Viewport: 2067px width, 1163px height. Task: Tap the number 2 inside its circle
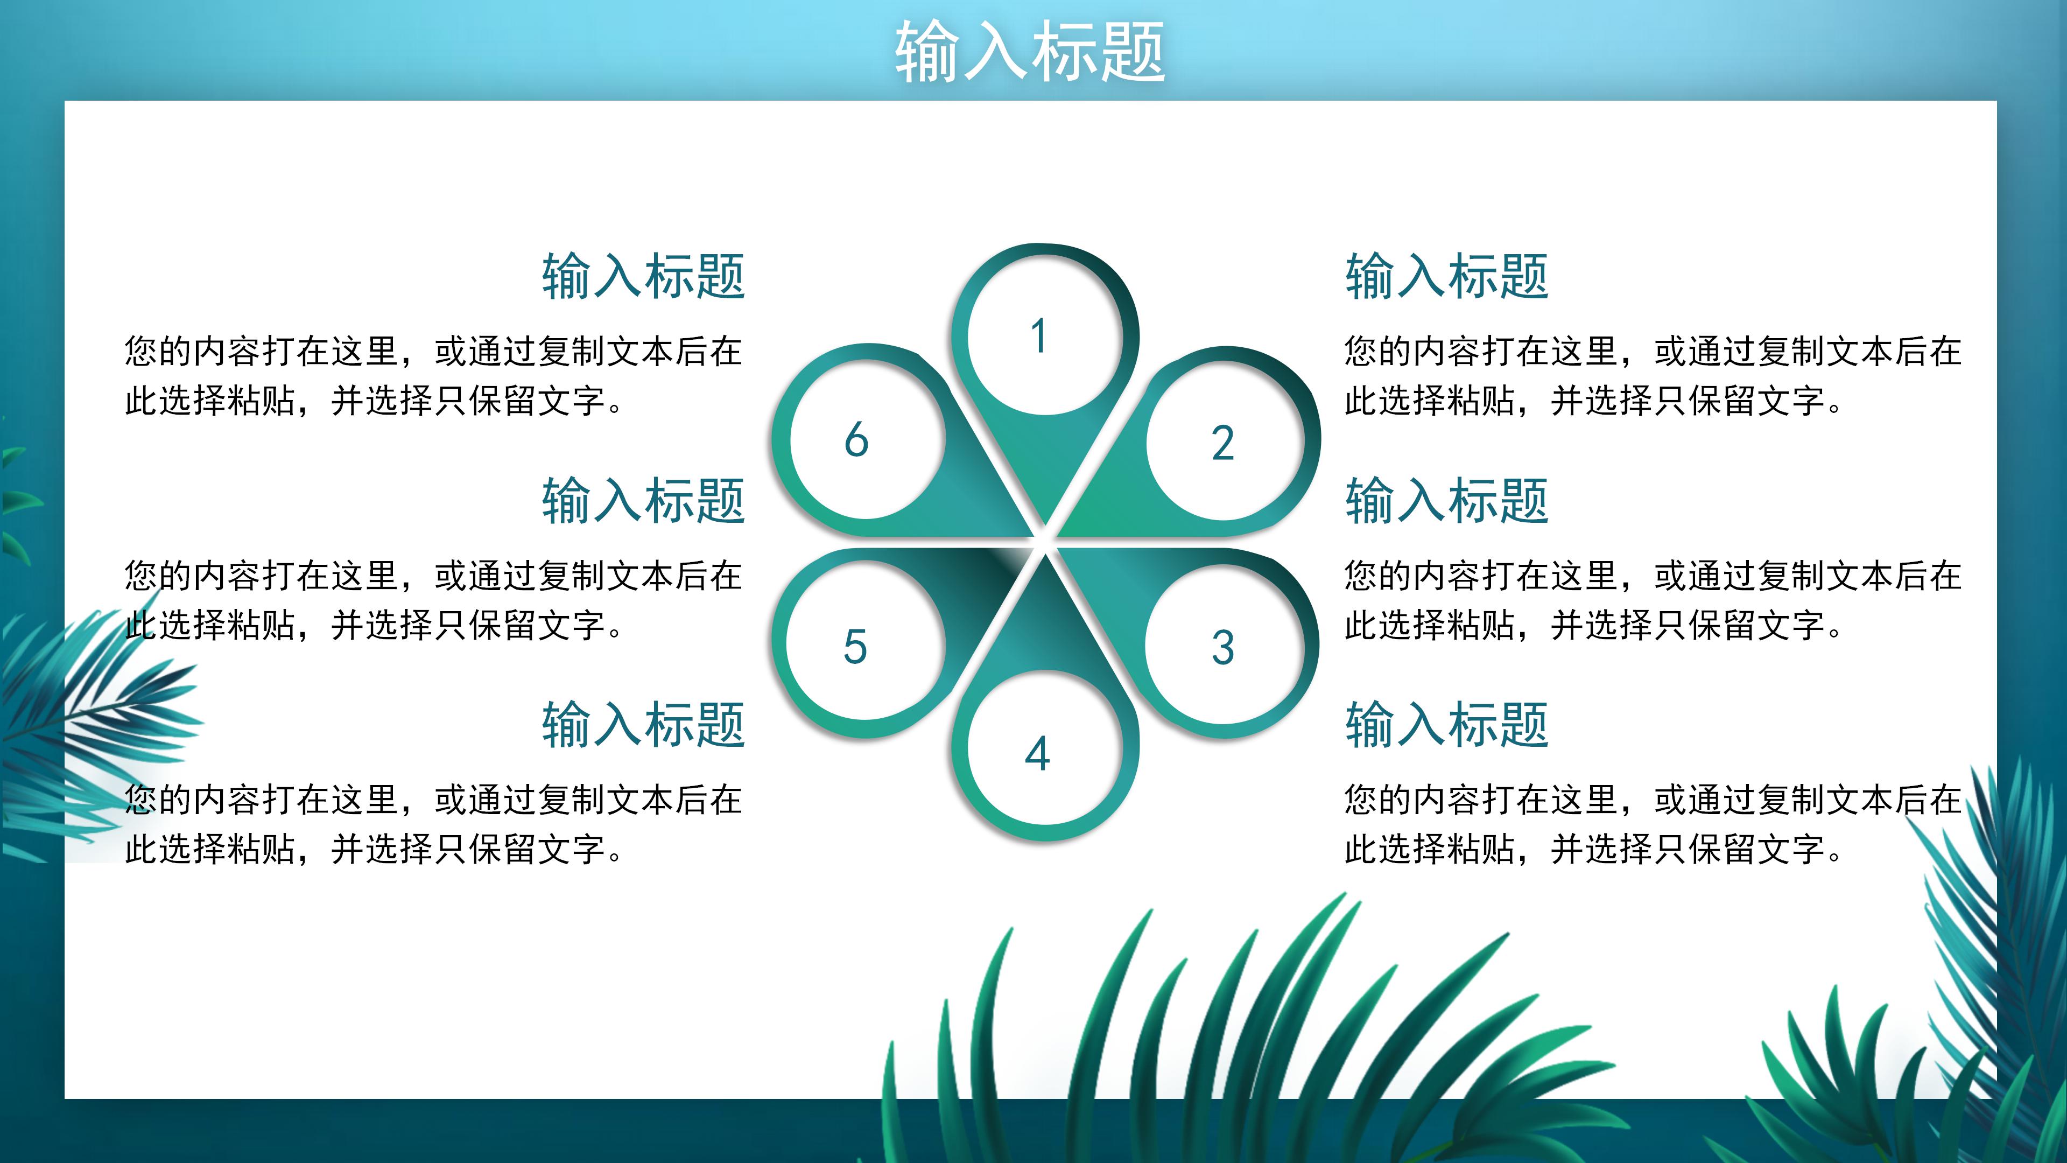pos(1222,444)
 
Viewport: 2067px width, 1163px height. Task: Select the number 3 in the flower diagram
pos(1222,648)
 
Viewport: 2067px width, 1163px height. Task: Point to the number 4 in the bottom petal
pos(1037,754)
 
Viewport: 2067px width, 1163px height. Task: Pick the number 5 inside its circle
pos(855,647)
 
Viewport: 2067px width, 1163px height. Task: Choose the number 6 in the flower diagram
pos(856,440)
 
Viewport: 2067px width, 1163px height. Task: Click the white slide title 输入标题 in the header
pos(1030,51)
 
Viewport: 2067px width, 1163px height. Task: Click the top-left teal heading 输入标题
pos(644,276)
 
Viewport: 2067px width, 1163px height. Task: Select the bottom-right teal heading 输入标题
pos(1447,725)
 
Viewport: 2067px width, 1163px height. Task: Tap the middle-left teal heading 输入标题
pos(644,500)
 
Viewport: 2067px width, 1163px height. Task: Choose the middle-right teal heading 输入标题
pos(1447,500)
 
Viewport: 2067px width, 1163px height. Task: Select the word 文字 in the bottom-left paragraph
pos(571,849)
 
